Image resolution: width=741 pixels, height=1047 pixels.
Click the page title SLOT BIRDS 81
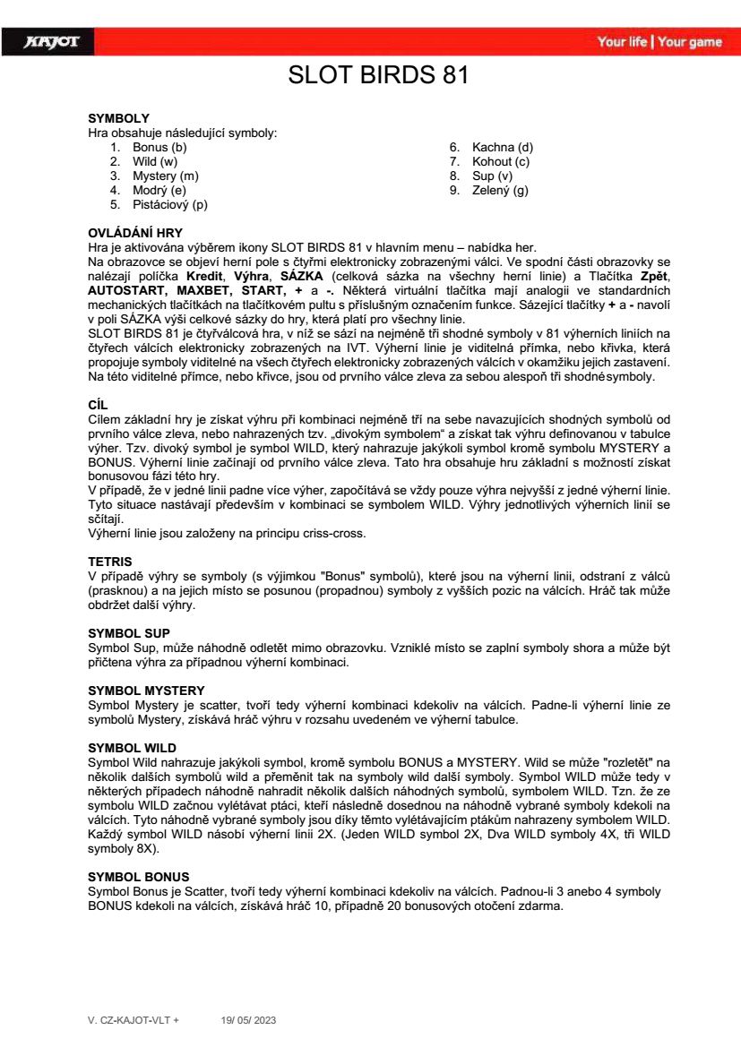click(x=377, y=75)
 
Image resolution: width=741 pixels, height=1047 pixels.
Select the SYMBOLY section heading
click(x=118, y=118)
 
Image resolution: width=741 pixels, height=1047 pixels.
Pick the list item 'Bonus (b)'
click(x=159, y=147)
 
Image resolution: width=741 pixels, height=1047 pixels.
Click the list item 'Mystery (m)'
click(x=166, y=176)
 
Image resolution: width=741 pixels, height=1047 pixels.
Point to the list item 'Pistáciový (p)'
click(x=170, y=204)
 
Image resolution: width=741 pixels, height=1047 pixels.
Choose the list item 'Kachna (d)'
click(x=503, y=147)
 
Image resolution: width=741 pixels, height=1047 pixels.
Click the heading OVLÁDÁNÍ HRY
click(x=135, y=233)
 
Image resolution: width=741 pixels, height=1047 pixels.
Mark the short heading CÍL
click(x=97, y=405)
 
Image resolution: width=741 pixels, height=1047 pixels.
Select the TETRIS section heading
click(x=110, y=562)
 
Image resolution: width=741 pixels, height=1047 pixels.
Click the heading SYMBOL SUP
click(x=129, y=632)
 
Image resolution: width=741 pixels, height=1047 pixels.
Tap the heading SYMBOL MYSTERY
click(x=146, y=690)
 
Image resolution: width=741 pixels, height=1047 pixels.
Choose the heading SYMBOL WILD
click(x=132, y=747)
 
